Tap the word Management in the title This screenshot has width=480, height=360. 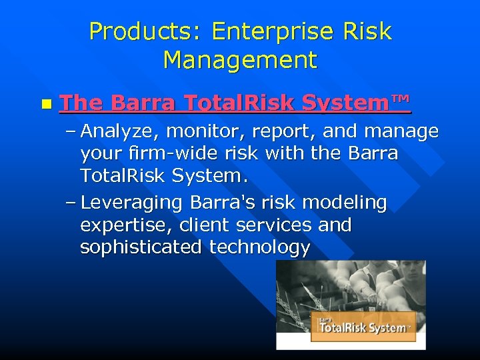[x=240, y=60]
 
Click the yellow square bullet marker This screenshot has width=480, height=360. [x=45, y=105]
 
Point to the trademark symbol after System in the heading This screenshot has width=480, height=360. [x=399, y=100]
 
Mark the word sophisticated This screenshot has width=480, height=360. [x=141, y=247]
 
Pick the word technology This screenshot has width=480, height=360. [x=260, y=247]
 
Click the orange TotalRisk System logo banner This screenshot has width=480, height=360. [x=363, y=327]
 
